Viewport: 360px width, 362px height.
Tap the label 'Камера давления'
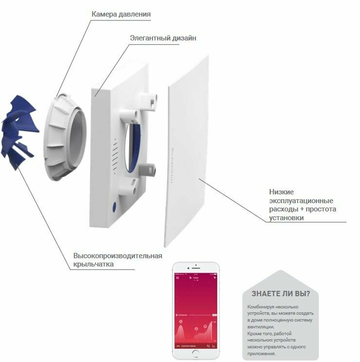(121, 14)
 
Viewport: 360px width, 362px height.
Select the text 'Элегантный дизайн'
(163, 38)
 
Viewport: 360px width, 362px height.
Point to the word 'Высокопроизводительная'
(117, 256)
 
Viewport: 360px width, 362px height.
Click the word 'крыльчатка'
(93, 264)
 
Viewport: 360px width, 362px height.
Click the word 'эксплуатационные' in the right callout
(301, 201)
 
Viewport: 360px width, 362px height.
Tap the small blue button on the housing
(114, 207)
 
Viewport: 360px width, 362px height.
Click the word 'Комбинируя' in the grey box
(262, 306)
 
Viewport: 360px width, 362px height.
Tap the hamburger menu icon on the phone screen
(177, 277)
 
